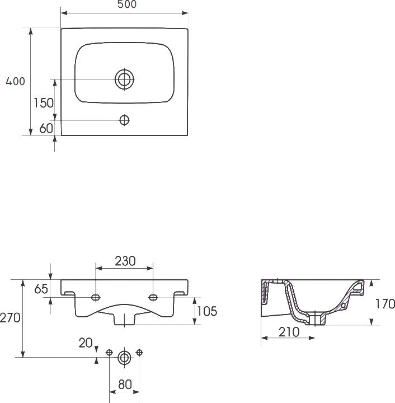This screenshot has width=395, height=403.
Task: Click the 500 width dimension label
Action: tap(127, 4)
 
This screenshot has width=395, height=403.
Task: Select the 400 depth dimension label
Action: tap(16, 81)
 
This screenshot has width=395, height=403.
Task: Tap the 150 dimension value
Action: tap(44, 103)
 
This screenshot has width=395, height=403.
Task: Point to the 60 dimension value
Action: tap(46, 128)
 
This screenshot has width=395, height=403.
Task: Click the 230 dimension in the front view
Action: tap(125, 261)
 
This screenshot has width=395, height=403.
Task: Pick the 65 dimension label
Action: tap(41, 289)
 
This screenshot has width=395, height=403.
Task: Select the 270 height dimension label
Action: tap(10, 318)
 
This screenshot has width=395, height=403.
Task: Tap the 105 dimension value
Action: tap(207, 311)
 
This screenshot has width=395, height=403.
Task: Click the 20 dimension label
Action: tap(86, 343)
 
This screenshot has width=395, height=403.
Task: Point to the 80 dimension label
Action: tap(125, 385)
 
